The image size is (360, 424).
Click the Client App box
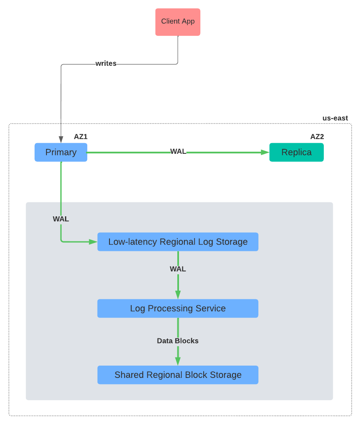coord(178,22)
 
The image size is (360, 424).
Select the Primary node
coord(61,152)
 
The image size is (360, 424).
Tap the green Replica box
coord(296,152)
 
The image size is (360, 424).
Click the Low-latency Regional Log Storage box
coord(178,242)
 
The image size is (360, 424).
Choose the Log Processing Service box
coord(178,308)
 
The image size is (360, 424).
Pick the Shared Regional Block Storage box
coord(178,375)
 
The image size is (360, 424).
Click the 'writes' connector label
coord(106,63)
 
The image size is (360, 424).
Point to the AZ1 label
coord(81,137)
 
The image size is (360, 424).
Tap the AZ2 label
coord(317,137)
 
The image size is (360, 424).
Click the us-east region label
coord(335,118)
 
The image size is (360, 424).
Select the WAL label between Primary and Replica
coord(178,152)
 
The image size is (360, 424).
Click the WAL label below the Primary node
coord(61,219)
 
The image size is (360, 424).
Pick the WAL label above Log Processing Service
coord(178,269)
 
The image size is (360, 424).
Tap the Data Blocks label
coord(178,341)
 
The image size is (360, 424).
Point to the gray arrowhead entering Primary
coord(61,139)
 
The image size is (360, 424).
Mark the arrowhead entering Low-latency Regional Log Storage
coord(93,242)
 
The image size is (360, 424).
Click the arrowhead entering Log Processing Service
coord(178,295)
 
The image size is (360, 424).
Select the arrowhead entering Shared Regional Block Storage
coord(178,361)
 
